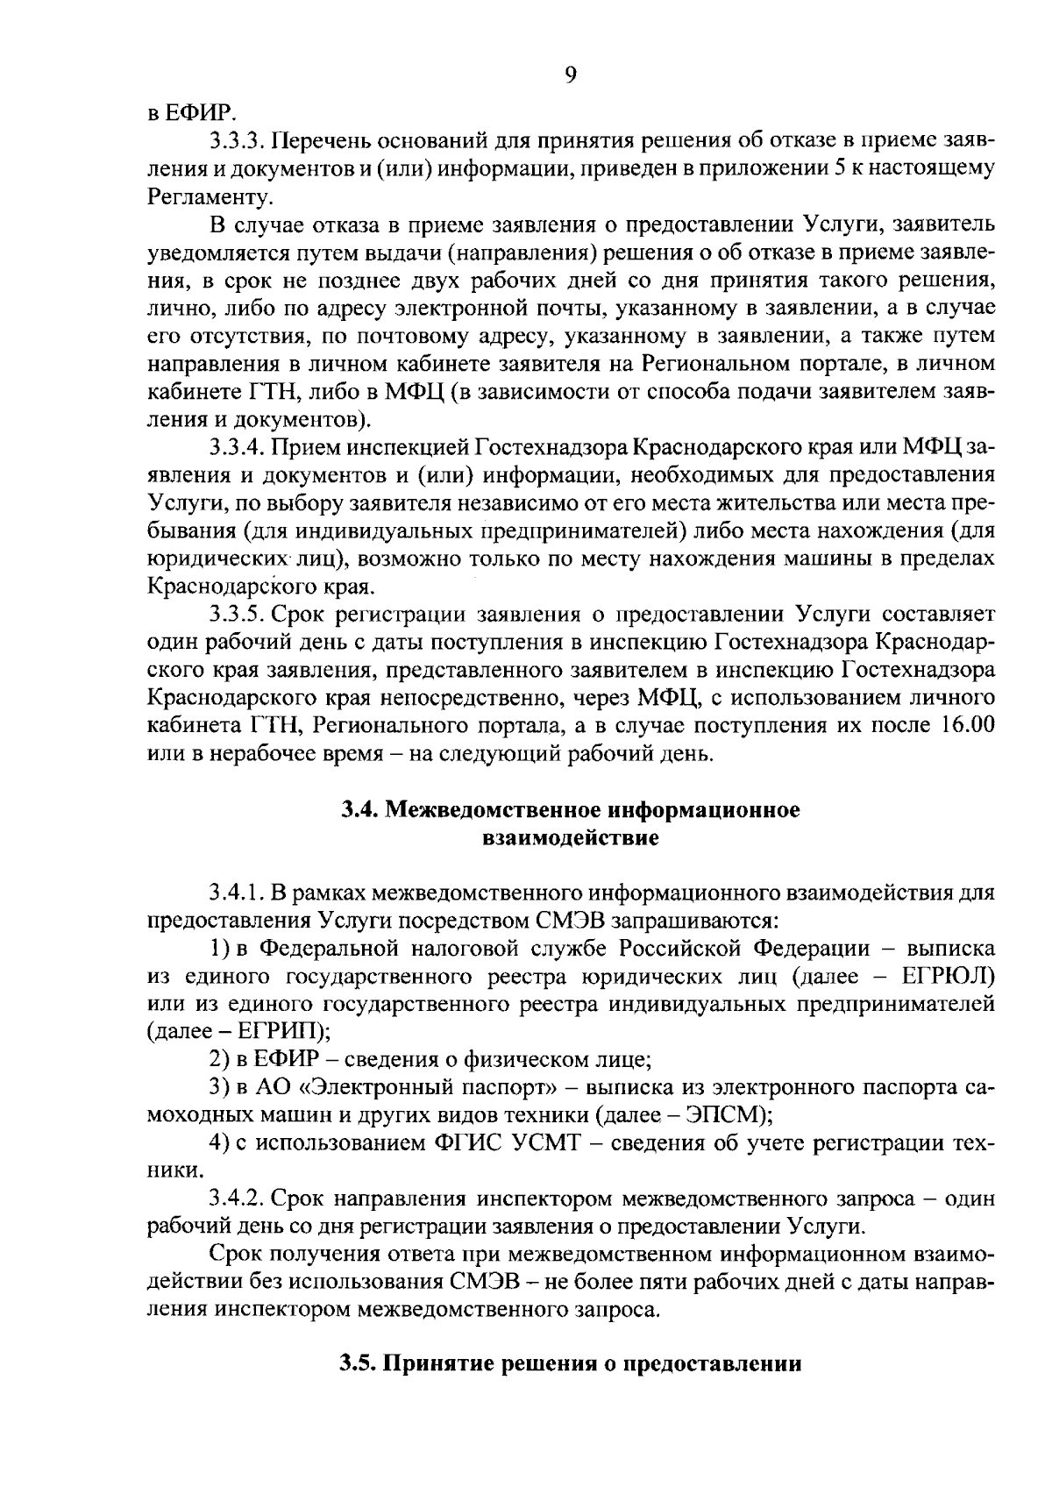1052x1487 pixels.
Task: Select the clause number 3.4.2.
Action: (x=238, y=1199)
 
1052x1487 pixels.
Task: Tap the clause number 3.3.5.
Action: (x=238, y=613)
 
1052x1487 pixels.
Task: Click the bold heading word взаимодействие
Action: (x=570, y=838)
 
